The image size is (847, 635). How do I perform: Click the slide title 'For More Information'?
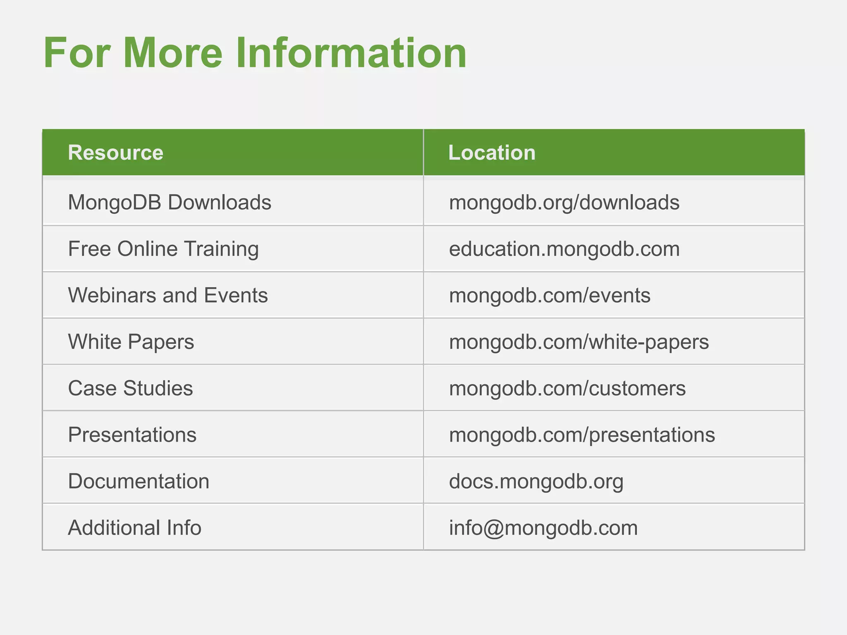(255, 53)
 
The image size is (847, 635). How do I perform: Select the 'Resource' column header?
(115, 153)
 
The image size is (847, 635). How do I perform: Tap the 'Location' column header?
(492, 153)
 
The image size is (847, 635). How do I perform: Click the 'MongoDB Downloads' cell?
(170, 203)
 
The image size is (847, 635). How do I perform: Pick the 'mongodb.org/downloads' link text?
(564, 203)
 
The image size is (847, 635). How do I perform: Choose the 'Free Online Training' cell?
(163, 249)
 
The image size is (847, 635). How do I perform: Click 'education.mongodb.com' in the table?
(564, 249)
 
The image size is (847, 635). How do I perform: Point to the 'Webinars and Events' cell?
(168, 295)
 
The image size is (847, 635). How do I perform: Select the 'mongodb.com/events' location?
(550, 295)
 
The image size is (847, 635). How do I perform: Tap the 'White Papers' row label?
(131, 342)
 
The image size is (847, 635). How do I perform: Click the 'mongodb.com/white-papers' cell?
(579, 342)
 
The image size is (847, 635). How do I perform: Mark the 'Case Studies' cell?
(130, 388)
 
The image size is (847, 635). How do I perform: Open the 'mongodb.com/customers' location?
(567, 388)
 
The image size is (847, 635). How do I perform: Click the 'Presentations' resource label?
(132, 434)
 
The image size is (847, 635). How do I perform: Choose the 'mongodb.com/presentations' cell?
(582, 434)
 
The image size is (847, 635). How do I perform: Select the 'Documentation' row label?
(139, 481)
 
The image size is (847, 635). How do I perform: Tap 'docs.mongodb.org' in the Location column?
(536, 481)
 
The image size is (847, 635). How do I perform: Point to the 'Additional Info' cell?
(134, 528)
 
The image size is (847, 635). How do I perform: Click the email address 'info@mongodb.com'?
(543, 528)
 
